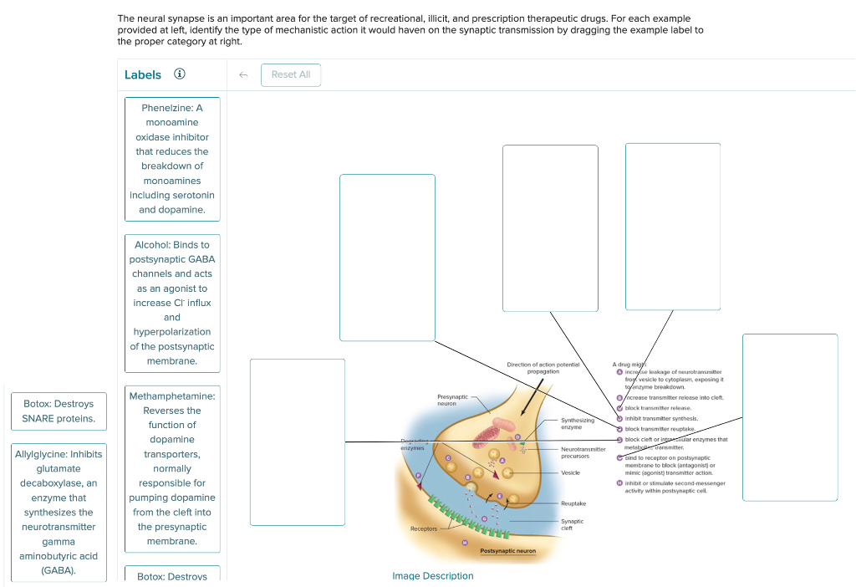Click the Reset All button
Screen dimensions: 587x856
click(x=290, y=74)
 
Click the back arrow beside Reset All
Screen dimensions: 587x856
click(x=243, y=74)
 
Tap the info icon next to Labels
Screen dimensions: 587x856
click(x=179, y=74)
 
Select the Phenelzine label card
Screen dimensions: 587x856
click(x=172, y=159)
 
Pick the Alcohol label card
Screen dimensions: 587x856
click(x=172, y=303)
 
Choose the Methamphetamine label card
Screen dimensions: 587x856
click(x=172, y=468)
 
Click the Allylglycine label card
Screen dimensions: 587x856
click(x=59, y=512)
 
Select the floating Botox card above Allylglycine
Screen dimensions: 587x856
click(x=59, y=411)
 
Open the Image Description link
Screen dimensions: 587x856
click(x=432, y=575)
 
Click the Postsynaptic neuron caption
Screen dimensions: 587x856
click(x=508, y=551)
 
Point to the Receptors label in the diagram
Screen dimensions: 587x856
click(x=423, y=528)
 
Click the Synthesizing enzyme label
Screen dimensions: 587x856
click(x=578, y=424)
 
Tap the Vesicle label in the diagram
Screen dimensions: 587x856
click(x=570, y=472)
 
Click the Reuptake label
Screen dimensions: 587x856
click(x=573, y=503)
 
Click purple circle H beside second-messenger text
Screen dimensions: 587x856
click(x=619, y=483)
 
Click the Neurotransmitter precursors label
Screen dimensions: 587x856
click(x=583, y=452)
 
